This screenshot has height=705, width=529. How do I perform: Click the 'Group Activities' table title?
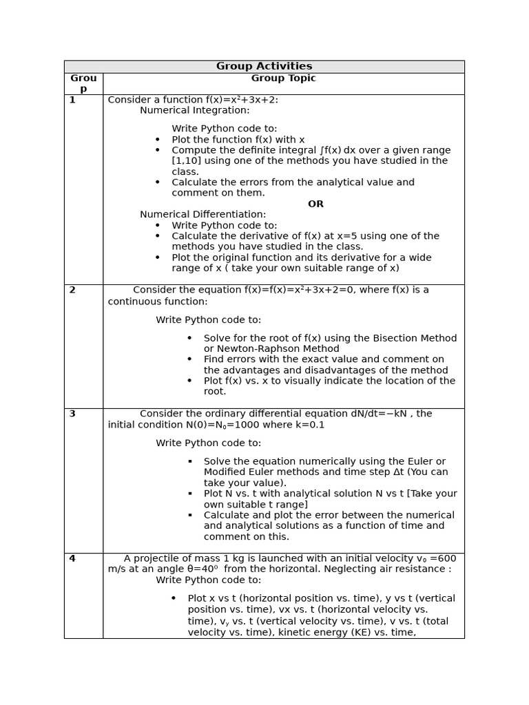264,66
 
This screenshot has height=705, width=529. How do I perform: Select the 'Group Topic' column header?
283,78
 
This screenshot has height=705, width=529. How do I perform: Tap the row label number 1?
72,100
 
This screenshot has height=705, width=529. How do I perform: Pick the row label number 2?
72,290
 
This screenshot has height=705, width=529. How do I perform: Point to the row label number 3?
72,414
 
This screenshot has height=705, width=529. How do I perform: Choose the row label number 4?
72,558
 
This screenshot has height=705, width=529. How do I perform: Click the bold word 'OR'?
315,204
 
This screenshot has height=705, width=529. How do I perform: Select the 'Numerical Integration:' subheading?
195,110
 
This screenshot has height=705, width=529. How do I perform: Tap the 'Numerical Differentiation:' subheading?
203,215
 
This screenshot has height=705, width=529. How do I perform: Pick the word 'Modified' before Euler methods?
226,472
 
